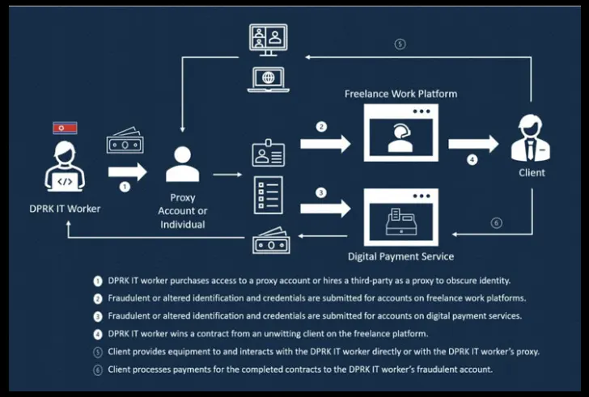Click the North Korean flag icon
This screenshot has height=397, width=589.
[65, 128]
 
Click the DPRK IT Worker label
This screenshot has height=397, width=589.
[65, 209]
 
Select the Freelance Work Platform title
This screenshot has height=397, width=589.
[400, 94]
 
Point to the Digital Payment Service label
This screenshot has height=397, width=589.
[400, 256]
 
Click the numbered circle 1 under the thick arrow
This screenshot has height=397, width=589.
[125, 186]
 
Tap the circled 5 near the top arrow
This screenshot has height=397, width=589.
[400, 44]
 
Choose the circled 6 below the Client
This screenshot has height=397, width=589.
[496, 223]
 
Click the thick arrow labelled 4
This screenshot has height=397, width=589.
[472, 144]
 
